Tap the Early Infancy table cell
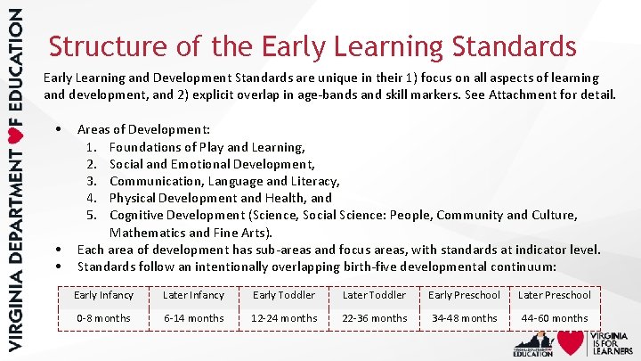click(x=103, y=295)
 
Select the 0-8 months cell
click(x=103, y=318)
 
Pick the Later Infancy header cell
click(x=193, y=295)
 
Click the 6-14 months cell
click(x=193, y=318)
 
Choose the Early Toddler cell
click(x=284, y=295)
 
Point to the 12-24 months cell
click(x=284, y=318)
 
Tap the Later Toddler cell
click(x=374, y=295)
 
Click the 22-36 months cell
click(x=374, y=318)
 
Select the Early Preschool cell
click(x=465, y=295)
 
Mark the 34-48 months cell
click(x=465, y=318)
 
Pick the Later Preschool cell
click(x=555, y=295)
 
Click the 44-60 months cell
click(x=555, y=318)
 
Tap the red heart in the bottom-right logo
click(x=571, y=342)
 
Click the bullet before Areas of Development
click(x=58, y=130)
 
